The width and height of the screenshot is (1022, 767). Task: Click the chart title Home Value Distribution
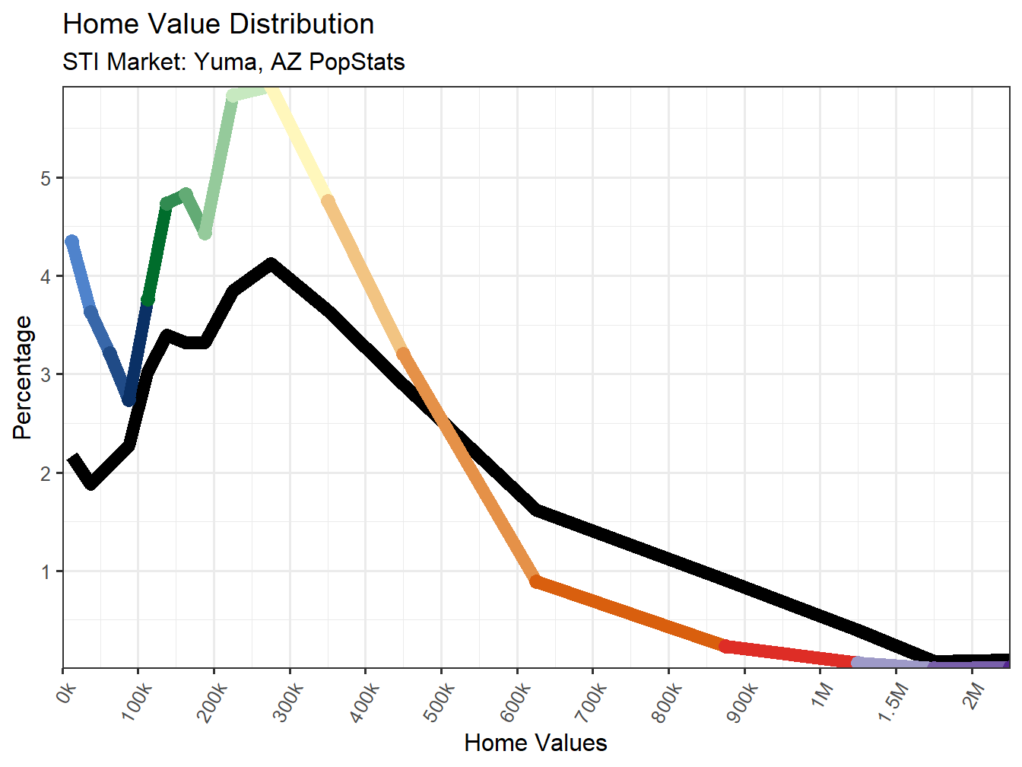click(x=218, y=24)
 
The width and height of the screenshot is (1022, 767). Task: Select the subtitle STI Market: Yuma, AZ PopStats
click(x=233, y=62)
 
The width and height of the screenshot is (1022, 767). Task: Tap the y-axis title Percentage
click(x=23, y=377)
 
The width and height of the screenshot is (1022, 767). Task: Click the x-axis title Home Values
click(x=535, y=743)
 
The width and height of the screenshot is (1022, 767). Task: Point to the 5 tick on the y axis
click(x=46, y=178)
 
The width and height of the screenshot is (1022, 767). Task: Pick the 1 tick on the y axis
click(x=46, y=571)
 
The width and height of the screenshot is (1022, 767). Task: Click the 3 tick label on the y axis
click(x=46, y=374)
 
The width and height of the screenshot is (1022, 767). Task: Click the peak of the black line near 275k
click(x=271, y=264)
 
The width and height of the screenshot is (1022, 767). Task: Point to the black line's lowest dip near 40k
click(x=91, y=483)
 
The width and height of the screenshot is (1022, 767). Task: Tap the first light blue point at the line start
click(x=72, y=242)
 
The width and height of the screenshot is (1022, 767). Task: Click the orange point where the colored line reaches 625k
click(x=537, y=582)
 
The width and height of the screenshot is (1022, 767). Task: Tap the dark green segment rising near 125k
click(x=157, y=251)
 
